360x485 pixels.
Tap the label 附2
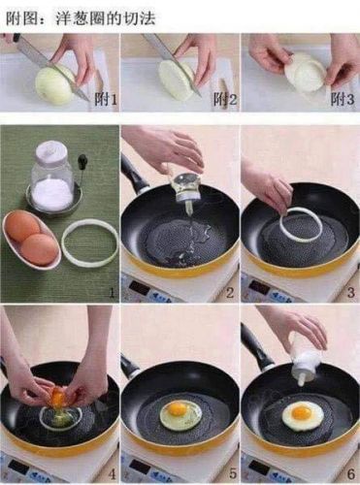[x=223, y=99]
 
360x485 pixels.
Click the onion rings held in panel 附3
[x=308, y=73]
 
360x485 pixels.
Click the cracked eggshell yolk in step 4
[x=59, y=397]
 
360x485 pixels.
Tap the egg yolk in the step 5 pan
[x=179, y=409]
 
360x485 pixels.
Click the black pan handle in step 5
[x=129, y=365]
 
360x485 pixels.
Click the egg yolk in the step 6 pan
[x=301, y=413]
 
